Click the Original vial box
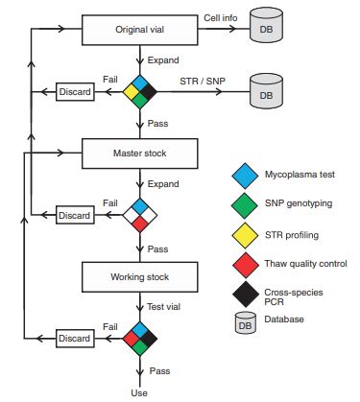click(x=140, y=29)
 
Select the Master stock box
click(x=140, y=153)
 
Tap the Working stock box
click(x=140, y=277)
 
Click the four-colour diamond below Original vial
click(x=140, y=92)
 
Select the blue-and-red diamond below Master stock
click(x=140, y=214)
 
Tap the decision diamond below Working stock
click(x=140, y=338)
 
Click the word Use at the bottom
click(x=140, y=391)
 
